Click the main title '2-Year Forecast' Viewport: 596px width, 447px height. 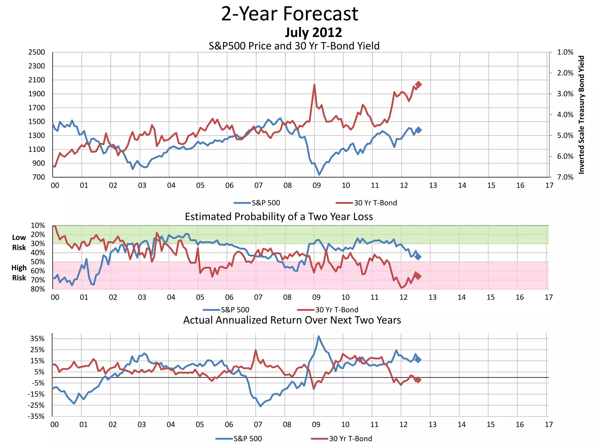290,14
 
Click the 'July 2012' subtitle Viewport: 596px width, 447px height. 313,32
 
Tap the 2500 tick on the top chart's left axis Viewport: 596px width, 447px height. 37,52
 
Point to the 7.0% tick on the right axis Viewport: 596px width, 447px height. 565,177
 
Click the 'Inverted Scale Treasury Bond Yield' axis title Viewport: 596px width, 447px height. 581,115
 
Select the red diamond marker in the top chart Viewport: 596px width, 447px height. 418,84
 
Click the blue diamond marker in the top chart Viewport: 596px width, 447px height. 418,130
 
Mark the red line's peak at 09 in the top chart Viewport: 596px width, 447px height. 314,85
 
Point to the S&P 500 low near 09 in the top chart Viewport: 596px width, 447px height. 319,175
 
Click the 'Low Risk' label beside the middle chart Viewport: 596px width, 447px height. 19,242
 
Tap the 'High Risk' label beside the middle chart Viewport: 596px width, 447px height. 19,273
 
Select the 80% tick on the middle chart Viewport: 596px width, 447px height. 38,289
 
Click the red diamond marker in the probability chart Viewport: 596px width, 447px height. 418,276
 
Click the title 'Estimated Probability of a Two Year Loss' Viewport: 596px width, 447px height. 279,217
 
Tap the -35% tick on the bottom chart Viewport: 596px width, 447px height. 36,416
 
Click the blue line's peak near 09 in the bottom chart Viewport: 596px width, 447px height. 319,336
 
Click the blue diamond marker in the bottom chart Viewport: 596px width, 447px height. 418,360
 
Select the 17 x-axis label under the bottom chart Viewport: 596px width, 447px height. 549,425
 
